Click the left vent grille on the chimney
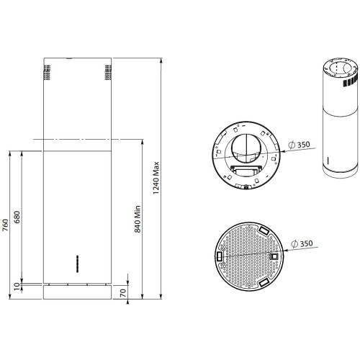(x=48, y=73)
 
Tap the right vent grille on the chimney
(x=107, y=73)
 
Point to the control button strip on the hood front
(x=77, y=261)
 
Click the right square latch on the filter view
(x=274, y=256)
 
